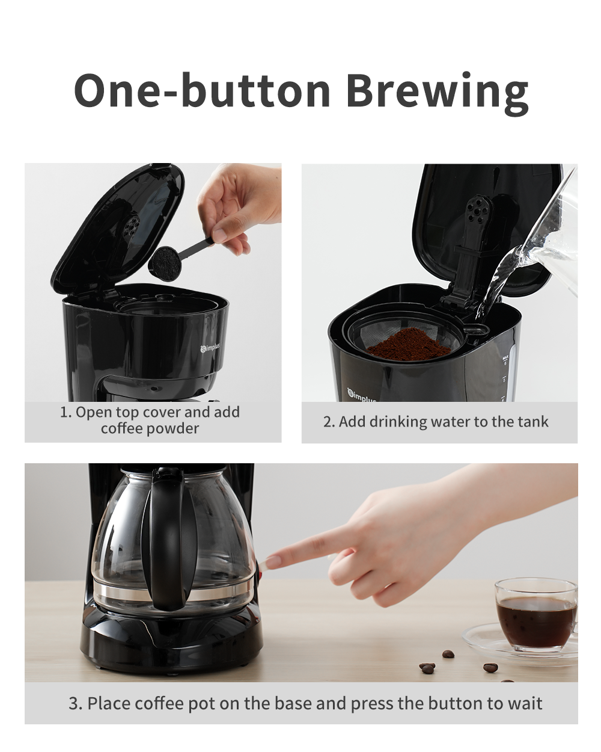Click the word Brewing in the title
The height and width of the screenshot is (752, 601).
437,91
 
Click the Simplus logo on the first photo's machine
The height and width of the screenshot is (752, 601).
210,348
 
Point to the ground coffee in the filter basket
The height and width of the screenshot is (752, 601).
409,344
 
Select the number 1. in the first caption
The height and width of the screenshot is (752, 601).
66,413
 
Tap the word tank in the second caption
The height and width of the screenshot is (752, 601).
534,422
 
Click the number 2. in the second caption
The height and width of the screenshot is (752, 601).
329,422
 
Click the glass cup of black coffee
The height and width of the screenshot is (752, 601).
535,614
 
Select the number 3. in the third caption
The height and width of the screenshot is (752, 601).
75,703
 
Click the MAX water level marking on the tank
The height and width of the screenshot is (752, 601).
505,357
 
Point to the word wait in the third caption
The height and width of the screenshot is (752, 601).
524,703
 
